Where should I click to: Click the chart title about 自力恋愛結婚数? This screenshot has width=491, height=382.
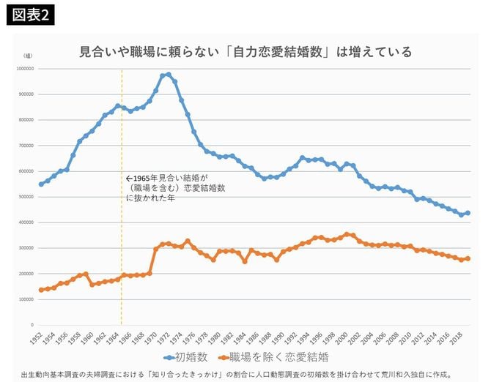(x=245, y=52)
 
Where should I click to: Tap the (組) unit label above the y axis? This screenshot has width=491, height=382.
(x=28, y=55)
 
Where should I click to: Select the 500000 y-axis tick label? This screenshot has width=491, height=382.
(x=25, y=197)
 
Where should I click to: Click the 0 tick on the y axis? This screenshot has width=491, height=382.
(x=32, y=325)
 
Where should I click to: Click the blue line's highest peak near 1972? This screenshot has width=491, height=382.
(x=169, y=75)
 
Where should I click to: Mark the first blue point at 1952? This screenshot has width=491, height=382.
(x=41, y=184)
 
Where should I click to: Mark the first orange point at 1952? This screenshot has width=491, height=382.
(x=41, y=290)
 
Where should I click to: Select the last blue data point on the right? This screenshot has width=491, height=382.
(x=468, y=213)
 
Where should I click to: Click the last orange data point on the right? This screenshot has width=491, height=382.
(x=468, y=258)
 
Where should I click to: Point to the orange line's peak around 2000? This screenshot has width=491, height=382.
(x=347, y=234)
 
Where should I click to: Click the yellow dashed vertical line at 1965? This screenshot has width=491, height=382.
(x=122, y=220)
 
